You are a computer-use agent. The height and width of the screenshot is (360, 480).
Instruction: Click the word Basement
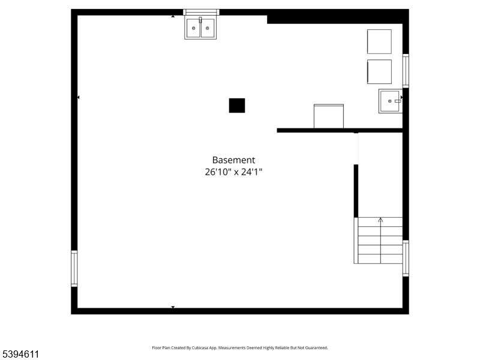pos(233,160)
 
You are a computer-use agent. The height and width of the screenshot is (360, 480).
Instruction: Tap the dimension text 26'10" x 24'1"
pos(233,172)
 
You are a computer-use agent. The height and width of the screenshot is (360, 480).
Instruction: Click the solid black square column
pos(237,106)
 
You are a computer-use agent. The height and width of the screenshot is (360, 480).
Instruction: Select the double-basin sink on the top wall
pos(200,28)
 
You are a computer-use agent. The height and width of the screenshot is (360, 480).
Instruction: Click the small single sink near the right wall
pos(390,101)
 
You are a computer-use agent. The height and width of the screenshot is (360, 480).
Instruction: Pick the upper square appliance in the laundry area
pos(379,41)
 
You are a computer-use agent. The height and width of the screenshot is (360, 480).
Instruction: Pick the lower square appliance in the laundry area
pos(379,71)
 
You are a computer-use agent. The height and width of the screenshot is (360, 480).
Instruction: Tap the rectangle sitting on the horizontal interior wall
pos(329,116)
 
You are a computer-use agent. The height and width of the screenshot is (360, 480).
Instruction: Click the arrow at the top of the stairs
pos(380,220)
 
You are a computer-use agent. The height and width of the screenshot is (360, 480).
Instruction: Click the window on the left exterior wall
pos(74,268)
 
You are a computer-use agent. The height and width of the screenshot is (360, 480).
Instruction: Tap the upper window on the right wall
pos(406,71)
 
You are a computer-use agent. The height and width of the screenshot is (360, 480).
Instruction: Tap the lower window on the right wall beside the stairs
pos(406,258)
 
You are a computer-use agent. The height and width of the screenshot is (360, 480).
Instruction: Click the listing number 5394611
pos(20,355)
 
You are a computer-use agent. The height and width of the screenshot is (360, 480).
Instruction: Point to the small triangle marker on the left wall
pos(78,97)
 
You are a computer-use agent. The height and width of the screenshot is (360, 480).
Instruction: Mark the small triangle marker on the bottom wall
pos(173,307)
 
